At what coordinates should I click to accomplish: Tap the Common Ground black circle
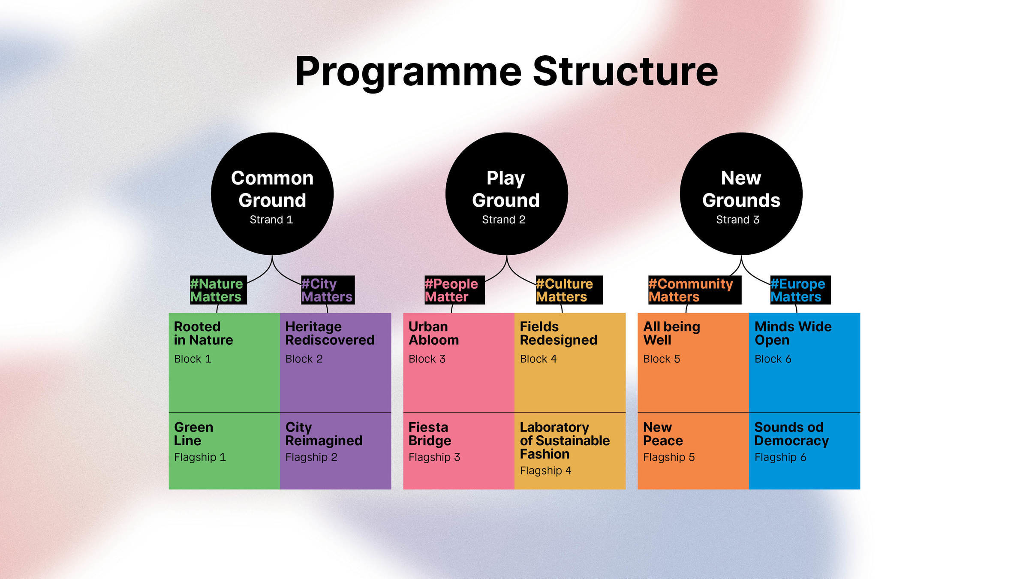tap(272, 194)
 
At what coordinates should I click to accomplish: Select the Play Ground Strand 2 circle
tap(506, 194)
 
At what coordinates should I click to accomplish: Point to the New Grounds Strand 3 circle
tap(741, 194)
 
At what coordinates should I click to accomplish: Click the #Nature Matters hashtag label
tap(218, 290)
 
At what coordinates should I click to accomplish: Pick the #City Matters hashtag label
tap(328, 290)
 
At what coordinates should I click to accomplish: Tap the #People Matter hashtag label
tap(454, 290)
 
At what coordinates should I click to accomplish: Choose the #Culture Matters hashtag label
tap(569, 290)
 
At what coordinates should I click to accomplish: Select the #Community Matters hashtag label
tap(694, 290)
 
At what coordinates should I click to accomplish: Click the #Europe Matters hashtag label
tap(800, 290)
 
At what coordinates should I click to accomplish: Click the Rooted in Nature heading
tap(203, 333)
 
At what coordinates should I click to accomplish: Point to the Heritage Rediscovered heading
tap(330, 333)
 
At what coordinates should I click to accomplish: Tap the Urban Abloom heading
tap(433, 333)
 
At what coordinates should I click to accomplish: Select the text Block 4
tap(538, 359)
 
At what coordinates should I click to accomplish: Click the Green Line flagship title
tap(193, 434)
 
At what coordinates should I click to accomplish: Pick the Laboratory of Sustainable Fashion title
tap(564, 440)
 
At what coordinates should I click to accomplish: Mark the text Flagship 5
tap(669, 457)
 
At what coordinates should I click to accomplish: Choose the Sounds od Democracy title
tap(791, 434)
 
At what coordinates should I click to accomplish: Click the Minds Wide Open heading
tap(793, 333)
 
